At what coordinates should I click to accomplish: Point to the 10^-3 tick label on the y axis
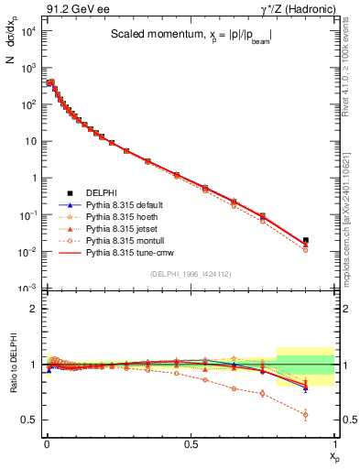pos(27,289)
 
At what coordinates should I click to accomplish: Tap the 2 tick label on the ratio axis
pos(33,309)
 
